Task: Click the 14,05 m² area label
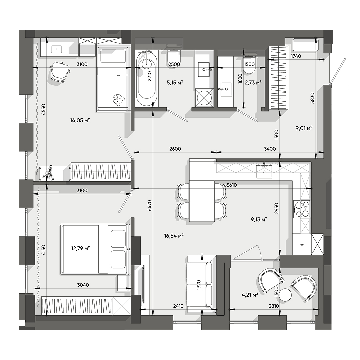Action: pos(80,120)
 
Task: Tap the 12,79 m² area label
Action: pos(80,248)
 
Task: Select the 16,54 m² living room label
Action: pos(174,236)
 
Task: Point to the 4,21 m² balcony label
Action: pos(250,295)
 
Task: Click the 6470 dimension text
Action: pos(150,206)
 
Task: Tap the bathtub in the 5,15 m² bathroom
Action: pos(147,79)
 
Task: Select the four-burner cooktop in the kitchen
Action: pos(301,209)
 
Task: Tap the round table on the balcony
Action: pos(285,295)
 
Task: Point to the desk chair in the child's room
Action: pos(60,72)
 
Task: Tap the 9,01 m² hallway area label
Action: pos(304,127)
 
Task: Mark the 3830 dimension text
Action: pos(312,98)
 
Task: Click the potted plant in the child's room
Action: pos(48,173)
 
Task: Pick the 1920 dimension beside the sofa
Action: pos(199,286)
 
